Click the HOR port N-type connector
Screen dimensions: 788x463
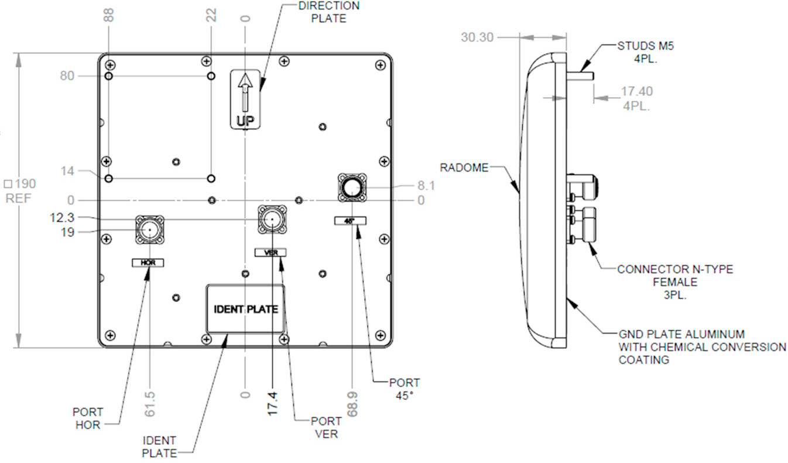pos(150,230)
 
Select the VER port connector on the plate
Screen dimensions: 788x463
pos(272,220)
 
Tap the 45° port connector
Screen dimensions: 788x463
pos(352,188)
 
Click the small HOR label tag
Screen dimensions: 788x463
pos(148,262)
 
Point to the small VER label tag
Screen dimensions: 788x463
pos(270,252)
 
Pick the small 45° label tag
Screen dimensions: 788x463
pos(350,221)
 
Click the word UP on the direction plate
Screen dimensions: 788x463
pos(245,121)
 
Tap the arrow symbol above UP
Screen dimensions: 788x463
pos(245,92)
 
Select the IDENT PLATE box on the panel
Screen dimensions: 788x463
pos(245,309)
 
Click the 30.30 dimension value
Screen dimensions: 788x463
pos(477,37)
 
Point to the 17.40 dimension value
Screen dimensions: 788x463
pos(637,91)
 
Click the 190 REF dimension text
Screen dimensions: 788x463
pos(20,191)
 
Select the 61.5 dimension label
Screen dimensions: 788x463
pos(149,404)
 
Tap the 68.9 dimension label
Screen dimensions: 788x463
pos(352,404)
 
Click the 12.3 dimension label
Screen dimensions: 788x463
pos(62,217)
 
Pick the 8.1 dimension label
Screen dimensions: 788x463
pos(426,185)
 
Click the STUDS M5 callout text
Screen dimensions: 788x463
pos(646,52)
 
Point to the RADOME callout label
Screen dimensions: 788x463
pos(464,167)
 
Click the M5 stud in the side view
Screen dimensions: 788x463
pos(580,76)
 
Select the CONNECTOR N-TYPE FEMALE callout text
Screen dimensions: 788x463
pos(675,282)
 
